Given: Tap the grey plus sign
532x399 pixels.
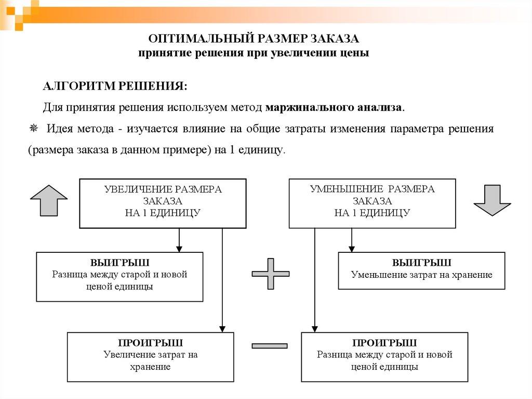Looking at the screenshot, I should tap(270, 273).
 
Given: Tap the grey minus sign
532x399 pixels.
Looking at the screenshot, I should tap(269, 345).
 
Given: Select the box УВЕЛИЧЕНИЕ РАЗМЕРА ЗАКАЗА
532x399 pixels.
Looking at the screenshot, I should tap(163, 203).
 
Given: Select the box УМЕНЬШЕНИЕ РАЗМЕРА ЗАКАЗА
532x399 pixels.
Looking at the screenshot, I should tap(372, 203).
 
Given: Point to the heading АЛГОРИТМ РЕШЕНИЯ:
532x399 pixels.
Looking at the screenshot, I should tap(115, 86).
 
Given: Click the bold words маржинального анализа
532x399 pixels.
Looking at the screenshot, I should tap(334, 108).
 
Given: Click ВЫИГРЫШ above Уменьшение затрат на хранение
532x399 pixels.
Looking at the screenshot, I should tap(421, 263).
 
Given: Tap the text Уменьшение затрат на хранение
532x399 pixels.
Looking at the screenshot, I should tap(421, 275).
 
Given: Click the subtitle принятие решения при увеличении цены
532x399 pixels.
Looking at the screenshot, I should tap(254, 53).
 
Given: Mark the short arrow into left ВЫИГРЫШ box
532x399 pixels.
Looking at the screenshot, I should tap(179, 240).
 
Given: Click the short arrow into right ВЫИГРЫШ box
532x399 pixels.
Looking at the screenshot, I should tap(352, 240).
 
